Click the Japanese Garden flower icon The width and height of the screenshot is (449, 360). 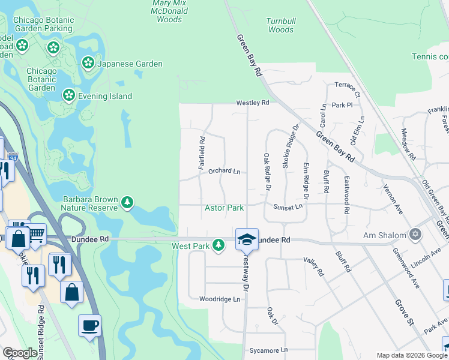coord(88,62)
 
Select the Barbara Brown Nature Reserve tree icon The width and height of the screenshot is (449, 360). coord(127,203)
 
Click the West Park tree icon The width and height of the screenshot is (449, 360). coord(219,245)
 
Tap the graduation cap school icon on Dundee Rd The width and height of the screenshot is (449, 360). coord(246,239)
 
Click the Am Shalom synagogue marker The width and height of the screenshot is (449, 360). coord(414,233)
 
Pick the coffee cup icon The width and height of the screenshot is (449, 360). coord(89,325)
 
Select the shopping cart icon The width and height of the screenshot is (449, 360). coord(37,233)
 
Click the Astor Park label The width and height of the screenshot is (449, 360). coord(224,208)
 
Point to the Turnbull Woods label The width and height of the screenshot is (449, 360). coord(280,25)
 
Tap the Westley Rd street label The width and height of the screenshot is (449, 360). coord(253,103)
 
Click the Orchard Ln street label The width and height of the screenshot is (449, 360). coord(224,171)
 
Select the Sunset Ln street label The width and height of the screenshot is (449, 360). coord(288,206)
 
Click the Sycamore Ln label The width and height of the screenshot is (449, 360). coord(268,350)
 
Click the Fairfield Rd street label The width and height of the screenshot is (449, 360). coord(202,153)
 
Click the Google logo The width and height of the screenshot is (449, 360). coord(20,353)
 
